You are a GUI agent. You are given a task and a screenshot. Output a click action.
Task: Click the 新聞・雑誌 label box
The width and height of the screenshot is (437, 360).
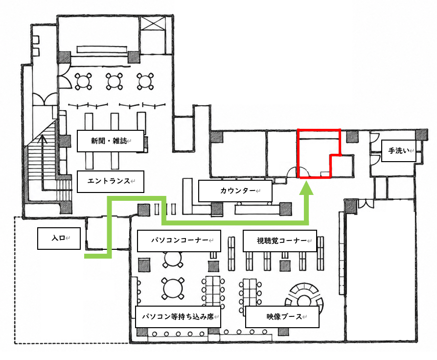pyautogui.click(x=111, y=141)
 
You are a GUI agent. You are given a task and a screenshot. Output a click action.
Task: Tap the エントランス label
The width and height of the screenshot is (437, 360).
pyautogui.click(x=111, y=182)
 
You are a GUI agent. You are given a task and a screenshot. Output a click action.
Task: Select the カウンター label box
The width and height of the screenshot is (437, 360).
pyautogui.click(x=235, y=191)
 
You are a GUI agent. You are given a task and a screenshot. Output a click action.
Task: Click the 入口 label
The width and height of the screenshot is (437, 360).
pyautogui.click(x=59, y=238)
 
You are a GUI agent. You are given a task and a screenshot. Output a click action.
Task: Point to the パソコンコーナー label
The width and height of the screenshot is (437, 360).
pyautogui.click(x=179, y=240)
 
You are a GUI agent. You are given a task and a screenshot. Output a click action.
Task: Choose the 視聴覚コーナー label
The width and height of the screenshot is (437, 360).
pyautogui.click(x=280, y=240)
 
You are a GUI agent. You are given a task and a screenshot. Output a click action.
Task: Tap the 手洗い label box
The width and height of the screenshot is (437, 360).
pyautogui.click(x=398, y=151)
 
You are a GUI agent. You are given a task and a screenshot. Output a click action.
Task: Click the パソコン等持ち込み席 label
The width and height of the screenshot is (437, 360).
pyautogui.click(x=178, y=317)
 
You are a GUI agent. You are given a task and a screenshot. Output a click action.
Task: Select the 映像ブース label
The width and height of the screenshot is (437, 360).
pyautogui.click(x=282, y=317)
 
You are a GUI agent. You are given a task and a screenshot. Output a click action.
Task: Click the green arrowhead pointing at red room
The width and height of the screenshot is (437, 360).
pyautogui.click(x=306, y=188)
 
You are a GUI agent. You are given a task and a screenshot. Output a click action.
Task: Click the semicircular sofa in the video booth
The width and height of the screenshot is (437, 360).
pyautogui.click(x=304, y=288)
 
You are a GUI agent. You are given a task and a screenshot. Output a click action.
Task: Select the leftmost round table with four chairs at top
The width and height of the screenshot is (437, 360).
pyautogui.click(x=83, y=81)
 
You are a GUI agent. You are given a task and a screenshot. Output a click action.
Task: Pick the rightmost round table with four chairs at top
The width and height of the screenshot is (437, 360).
pyautogui.click(x=145, y=81)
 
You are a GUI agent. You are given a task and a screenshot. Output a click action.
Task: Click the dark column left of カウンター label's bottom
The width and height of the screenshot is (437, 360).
pyautogui.click(x=217, y=209)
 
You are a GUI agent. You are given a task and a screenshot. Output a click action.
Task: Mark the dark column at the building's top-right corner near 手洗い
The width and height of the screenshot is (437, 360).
pyautogui.click(x=422, y=135)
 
